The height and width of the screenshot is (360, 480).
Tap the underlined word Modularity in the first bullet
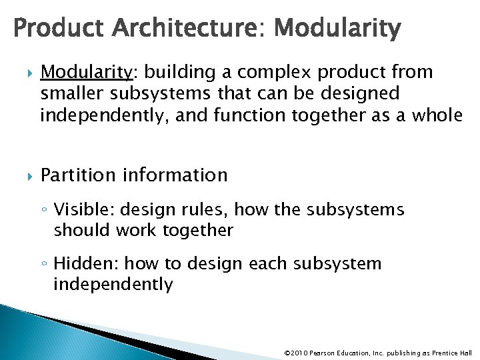[83, 71]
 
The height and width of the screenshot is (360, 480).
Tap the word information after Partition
[175, 175]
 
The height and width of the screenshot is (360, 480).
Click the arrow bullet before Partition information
[27, 176]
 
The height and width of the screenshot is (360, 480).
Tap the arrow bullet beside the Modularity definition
[27, 72]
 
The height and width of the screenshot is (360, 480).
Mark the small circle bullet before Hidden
[44, 265]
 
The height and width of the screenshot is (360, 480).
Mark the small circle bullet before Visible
[44, 211]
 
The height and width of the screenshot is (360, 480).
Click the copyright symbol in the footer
[287, 352]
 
